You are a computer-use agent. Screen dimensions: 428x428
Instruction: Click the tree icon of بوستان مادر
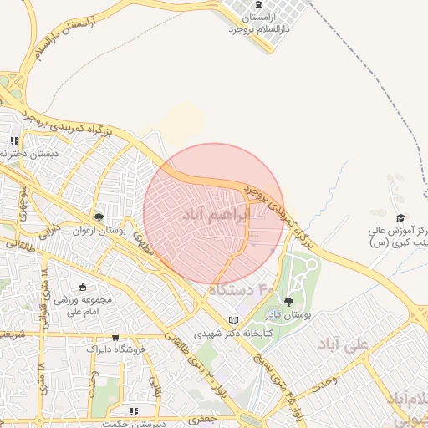coord(289,302)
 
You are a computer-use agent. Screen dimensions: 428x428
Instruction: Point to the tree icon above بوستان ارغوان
coord(99,217)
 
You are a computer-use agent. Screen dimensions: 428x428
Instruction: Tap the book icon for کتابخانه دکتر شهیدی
coord(234,320)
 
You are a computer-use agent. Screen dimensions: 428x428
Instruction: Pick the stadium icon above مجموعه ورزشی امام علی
coord(82,287)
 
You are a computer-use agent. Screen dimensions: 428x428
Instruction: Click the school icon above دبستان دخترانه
coord(13,140)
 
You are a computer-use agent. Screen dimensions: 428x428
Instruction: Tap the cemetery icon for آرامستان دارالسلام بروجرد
coord(249,6)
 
